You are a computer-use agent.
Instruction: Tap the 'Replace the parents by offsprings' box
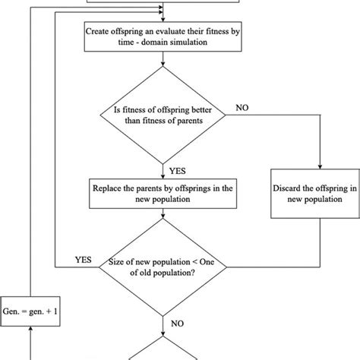tap(163, 193)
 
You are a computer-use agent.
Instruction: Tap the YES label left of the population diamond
tap(84, 258)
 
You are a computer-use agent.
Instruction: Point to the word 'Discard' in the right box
tap(295, 187)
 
